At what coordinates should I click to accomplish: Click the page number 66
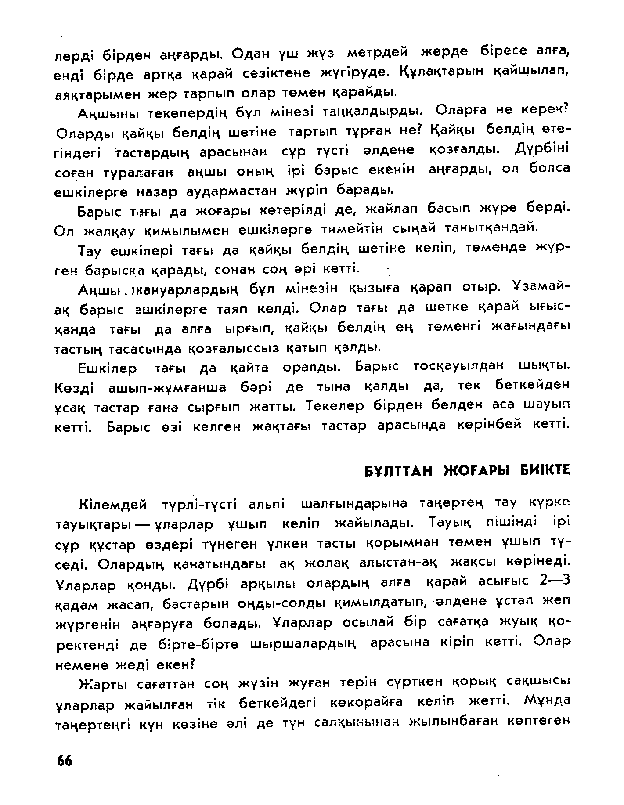pos(64,761)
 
